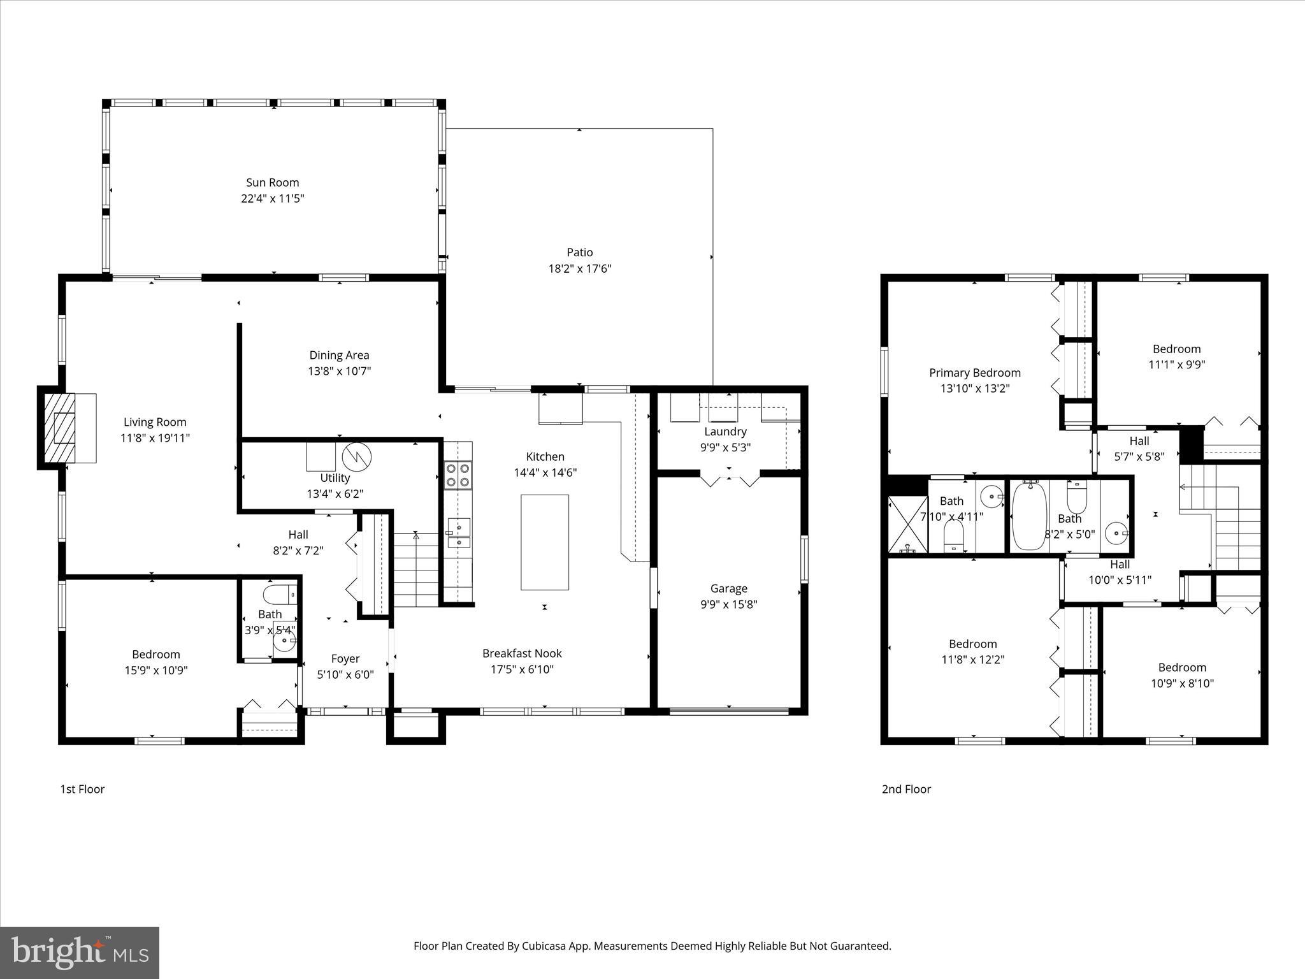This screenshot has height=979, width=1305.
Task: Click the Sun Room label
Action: pyautogui.click(x=272, y=182)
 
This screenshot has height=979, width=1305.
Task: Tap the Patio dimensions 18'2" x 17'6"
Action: pyautogui.click(x=579, y=268)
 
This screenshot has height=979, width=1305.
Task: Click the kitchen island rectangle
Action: pyautogui.click(x=544, y=542)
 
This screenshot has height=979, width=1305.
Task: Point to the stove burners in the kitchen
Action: pyautogui.click(x=458, y=474)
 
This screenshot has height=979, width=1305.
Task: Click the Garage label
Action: pyautogui.click(x=728, y=588)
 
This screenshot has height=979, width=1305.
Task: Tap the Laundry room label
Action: pyautogui.click(x=725, y=431)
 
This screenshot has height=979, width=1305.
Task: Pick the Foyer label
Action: pyautogui.click(x=345, y=658)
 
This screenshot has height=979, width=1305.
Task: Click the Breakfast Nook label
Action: pyautogui.click(x=522, y=653)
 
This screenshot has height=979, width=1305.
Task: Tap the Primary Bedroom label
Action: pyautogui.click(x=974, y=372)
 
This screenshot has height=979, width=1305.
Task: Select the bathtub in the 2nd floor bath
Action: pyautogui.click(x=1028, y=516)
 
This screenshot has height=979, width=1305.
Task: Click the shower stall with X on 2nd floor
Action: pyautogui.click(x=907, y=524)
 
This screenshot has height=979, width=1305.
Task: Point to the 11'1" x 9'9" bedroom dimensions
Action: pyautogui.click(x=1176, y=365)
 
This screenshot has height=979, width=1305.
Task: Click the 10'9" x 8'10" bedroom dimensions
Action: pyautogui.click(x=1182, y=683)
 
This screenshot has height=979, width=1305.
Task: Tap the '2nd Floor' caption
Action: pyautogui.click(x=906, y=789)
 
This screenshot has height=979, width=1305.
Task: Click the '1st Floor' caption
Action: pyautogui.click(x=82, y=789)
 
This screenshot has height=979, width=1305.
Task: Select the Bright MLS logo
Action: pyautogui.click(x=80, y=952)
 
